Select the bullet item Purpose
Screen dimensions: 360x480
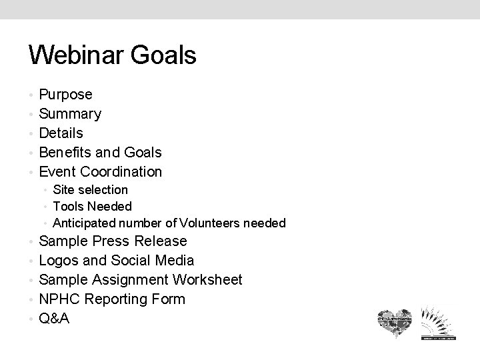(x=65, y=95)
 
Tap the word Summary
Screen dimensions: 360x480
(x=70, y=114)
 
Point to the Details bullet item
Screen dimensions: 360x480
(x=61, y=133)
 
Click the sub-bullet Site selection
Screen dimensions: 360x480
(x=90, y=191)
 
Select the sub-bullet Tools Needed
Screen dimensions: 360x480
(x=92, y=207)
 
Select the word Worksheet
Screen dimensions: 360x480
(x=207, y=280)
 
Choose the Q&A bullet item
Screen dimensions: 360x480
(x=54, y=319)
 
